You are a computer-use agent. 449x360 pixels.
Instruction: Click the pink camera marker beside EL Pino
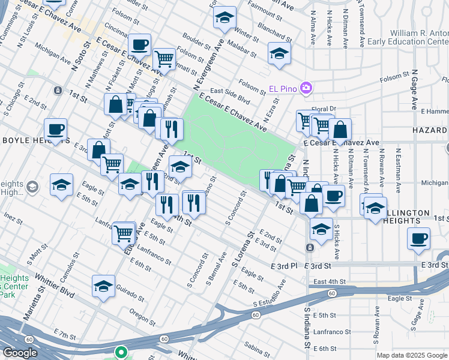pos(307,88)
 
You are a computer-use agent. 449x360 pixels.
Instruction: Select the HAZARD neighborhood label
pos(430,130)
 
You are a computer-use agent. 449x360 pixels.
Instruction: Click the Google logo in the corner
pos(20,353)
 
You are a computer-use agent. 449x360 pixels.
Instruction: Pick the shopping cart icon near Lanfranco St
pos(124,232)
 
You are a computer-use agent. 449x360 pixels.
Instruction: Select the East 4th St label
pos(330,281)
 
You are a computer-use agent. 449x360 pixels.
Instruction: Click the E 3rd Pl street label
pos(284,265)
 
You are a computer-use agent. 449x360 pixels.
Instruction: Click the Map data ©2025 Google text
pos(411,355)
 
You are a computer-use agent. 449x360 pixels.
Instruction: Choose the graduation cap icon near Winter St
pos(225,18)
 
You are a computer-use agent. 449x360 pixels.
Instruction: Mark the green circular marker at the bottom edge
pos(122,353)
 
